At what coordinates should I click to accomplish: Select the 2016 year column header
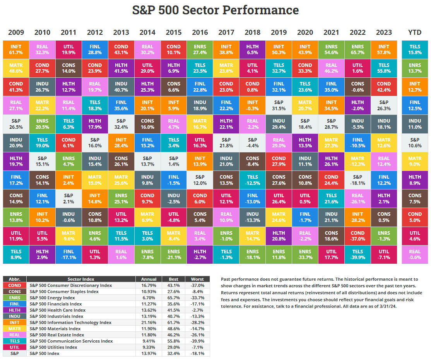[200, 32]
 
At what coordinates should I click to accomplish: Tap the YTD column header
[415, 32]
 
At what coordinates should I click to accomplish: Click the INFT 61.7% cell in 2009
[16, 49]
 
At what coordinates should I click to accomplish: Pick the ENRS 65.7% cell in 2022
[357, 49]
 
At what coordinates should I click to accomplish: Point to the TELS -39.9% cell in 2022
[357, 254]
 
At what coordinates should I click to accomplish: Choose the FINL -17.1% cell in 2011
[68, 254]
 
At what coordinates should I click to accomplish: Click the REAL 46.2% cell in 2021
[331, 68]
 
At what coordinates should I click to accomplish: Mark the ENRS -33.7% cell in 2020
[305, 254]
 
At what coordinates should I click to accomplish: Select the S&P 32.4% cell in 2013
[121, 124]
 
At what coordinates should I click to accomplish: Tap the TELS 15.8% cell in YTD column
[415, 49]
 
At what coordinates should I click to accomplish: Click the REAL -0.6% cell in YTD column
[415, 254]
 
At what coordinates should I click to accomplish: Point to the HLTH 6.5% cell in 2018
[252, 49]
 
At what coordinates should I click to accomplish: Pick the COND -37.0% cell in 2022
[357, 236]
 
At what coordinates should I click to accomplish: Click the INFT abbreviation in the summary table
[15, 322]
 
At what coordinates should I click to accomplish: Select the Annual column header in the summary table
[149, 279]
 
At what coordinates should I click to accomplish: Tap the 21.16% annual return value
[149, 322]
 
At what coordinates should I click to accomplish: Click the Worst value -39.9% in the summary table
[197, 341]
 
